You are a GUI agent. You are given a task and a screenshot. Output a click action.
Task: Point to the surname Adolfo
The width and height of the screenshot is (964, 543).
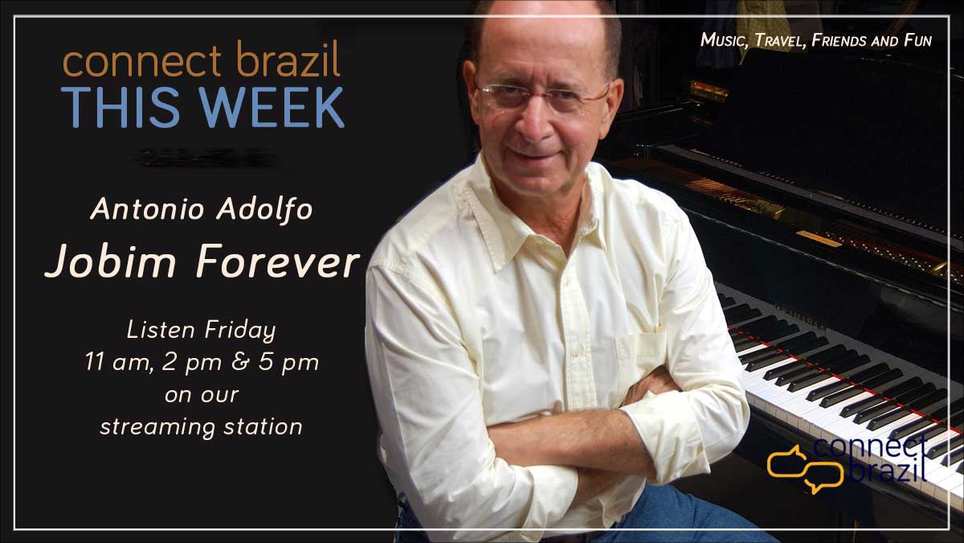[x=264, y=210]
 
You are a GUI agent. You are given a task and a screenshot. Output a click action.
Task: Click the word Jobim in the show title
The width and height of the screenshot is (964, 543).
[x=112, y=261]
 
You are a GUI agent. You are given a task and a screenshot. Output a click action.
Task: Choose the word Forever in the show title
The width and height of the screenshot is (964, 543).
[x=278, y=261]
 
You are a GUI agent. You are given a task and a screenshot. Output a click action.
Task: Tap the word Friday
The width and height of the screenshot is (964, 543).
[x=240, y=331]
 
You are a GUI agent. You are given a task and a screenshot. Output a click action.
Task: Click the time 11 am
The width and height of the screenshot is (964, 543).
[x=119, y=361]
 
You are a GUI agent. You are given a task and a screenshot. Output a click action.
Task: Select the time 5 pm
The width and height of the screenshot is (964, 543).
[x=288, y=363]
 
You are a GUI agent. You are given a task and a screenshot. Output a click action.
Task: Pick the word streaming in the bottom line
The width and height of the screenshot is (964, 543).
[x=157, y=427]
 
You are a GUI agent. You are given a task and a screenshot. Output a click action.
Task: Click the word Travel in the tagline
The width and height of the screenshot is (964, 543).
[x=779, y=40]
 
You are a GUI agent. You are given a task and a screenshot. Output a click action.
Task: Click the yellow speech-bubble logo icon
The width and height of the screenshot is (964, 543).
[x=805, y=469]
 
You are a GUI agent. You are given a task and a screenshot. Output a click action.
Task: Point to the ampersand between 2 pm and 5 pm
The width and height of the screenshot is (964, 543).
[x=240, y=362]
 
